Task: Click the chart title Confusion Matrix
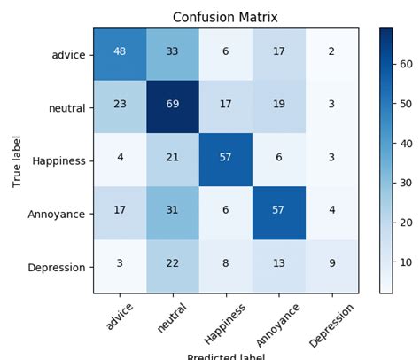(225, 17)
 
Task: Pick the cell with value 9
(332, 266)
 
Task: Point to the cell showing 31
(173, 213)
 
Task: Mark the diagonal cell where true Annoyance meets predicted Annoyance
(279, 213)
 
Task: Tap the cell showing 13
(279, 266)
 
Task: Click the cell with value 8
(226, 266)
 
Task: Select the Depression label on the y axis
(58, 267)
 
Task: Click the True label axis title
(16, 160)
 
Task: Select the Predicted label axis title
(226, 356)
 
